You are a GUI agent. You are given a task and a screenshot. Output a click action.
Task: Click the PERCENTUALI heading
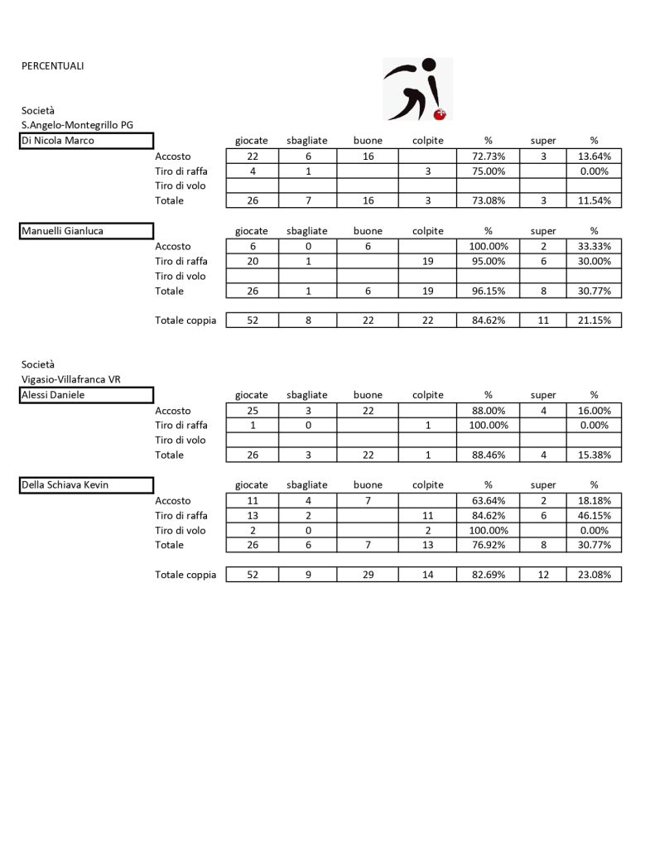52,66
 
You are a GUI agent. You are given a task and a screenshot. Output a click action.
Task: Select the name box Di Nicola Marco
87,141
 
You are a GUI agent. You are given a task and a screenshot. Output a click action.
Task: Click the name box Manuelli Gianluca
87,231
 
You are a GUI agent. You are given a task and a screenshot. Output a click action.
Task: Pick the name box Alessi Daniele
87,395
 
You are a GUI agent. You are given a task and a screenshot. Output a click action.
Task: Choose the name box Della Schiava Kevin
87,485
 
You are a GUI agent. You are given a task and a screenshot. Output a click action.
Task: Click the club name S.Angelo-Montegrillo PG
77,125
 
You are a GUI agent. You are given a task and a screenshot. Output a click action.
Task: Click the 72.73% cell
488,157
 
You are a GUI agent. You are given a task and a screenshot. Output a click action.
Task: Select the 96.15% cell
488,291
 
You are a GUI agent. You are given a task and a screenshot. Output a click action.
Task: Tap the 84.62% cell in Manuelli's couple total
488,320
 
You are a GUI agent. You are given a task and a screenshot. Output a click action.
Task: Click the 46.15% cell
594,515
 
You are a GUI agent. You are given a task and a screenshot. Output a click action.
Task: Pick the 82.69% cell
488,575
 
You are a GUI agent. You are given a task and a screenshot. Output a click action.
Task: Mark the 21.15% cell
594,320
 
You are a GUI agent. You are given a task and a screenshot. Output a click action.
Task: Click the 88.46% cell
488,455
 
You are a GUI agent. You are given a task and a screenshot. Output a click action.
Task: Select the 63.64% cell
488,500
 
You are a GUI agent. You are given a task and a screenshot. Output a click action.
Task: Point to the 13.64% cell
594,157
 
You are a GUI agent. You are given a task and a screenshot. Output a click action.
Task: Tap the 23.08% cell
594,575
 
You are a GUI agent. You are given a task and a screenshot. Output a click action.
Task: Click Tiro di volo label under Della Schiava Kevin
181,530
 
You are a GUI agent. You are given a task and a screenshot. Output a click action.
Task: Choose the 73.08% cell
488,201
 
